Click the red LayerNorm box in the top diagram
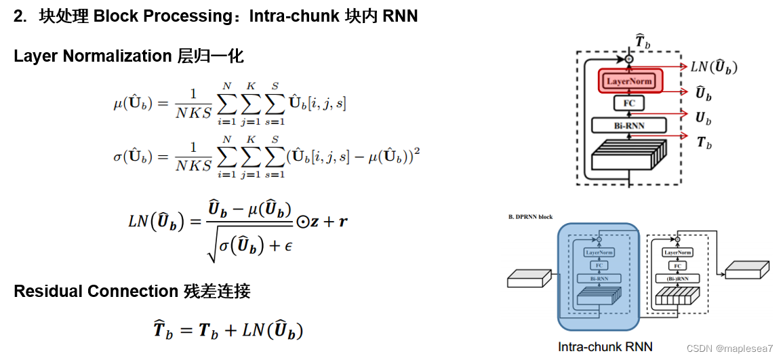pyautogui.click(x=629, y=81)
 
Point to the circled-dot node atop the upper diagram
pyautogui.click(x=629, y=60)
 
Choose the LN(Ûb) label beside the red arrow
pyautogui.click(x=713, y=67)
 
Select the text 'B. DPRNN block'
pyautogui.click(x=530, y=217)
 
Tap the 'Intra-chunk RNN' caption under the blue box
pyautogui.click(x=605, y=346)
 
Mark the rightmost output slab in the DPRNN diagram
pyautogui.click(x=747, y=270)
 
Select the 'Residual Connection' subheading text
pyautogui.click(x=96, y=292)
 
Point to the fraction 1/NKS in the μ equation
pyautogui.click(x=193, y=103)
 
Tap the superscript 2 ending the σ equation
pyautogui.click(x=417, y=151)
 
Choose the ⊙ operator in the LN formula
pyautogui.click(x=303, y=222)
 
